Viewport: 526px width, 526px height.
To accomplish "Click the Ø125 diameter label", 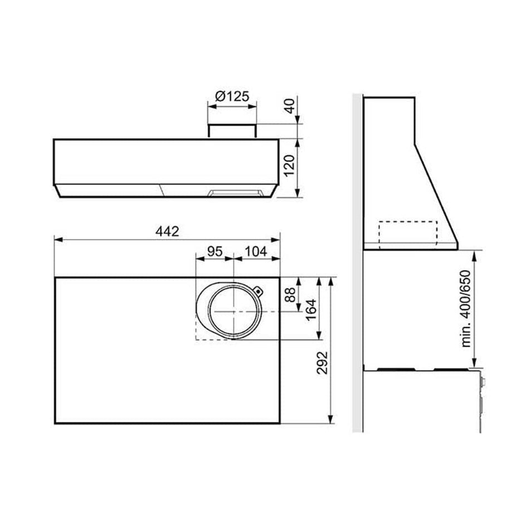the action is pos(232,96).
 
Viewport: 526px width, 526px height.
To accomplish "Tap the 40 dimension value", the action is pos(290,106).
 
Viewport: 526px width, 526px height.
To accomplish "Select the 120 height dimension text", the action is pos(289,165).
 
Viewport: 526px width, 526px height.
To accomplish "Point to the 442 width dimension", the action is pos(167,231).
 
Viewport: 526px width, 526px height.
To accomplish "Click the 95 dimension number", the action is pos(215,251).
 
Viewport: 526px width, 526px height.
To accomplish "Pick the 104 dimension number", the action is pos(256,251).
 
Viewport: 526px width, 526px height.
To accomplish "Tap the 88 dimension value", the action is pos(290,295).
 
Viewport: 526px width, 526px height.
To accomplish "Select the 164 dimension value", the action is pos(311,310).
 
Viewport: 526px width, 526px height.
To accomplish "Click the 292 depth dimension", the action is pos(322,363).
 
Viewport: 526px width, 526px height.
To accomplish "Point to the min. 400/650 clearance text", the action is pos(466,309).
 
